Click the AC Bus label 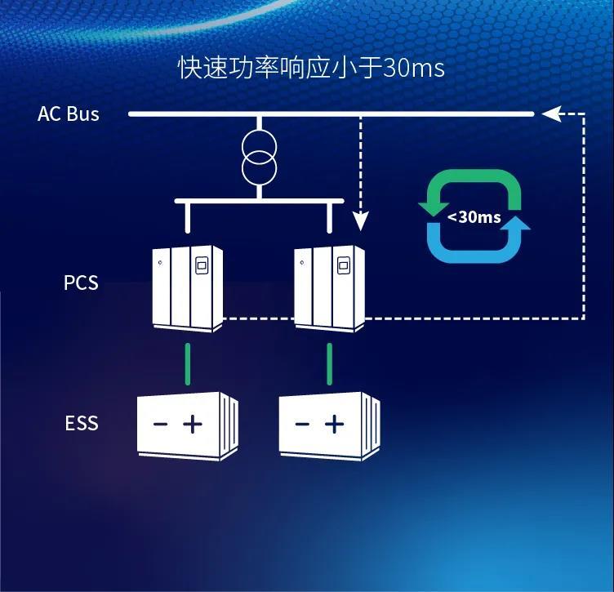click(x=69, y=114)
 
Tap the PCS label click(x=81, y=283)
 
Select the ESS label click(x=81, y=423)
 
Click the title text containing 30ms click(x=311, y=68)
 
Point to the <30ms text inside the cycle click(x=474, y=217)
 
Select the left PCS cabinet click(x=188, y=287)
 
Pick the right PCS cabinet click(x=329, y=287)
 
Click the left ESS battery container click(x=187, y=425)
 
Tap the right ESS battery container click(x=329, y=425)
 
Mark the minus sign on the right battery click(x=302, y=424)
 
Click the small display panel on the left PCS click(x=202, y=265)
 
